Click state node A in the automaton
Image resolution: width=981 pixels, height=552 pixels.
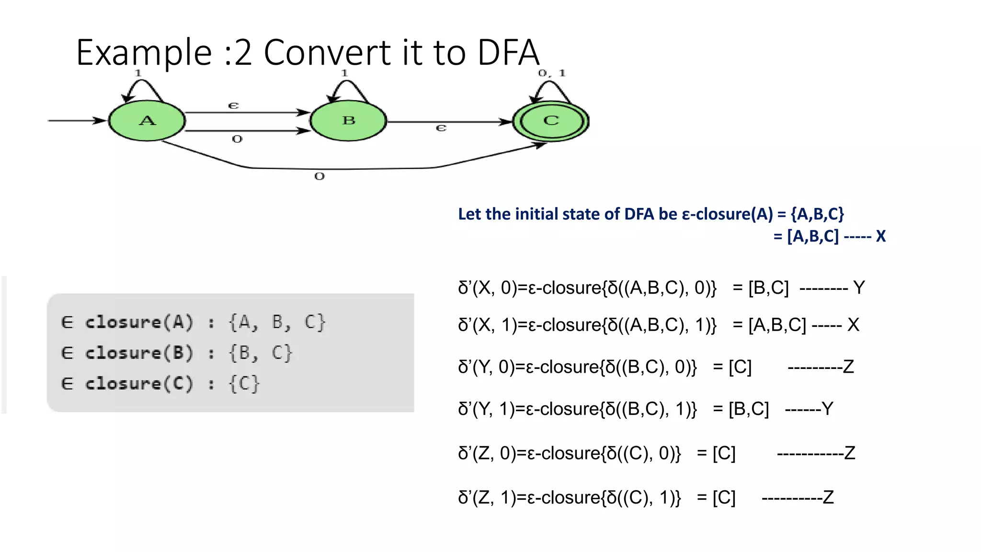pos(147,120)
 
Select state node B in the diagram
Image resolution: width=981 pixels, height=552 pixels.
pos(348,120)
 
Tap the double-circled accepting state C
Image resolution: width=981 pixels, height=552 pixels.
pos(551,121)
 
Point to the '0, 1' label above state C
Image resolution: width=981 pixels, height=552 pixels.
pos(552,73)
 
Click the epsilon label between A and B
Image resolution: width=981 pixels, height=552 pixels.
pos(233,105)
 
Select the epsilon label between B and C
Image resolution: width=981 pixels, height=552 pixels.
pos(441,128)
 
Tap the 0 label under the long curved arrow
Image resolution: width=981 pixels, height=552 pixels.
pos(319,176)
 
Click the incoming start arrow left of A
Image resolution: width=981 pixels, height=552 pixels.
pos(77,120)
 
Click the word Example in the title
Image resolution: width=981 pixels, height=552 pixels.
pos(144,52)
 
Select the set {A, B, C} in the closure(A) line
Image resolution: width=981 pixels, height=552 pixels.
pos(277,322)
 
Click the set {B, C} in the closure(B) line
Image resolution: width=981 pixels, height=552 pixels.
pos(261,353)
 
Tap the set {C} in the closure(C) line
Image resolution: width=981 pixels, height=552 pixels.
pos(244,384)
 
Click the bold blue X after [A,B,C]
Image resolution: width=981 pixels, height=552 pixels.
pos(880,236)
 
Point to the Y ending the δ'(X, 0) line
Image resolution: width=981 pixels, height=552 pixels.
pos(859,288)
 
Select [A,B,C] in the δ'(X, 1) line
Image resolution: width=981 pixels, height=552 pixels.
pos(777,325)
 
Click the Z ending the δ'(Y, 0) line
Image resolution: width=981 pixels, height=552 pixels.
pos(848,367)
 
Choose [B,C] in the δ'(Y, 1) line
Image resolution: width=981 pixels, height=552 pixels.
pos(749,409)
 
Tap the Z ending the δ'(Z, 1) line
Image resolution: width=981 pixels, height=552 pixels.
pos(828,497)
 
